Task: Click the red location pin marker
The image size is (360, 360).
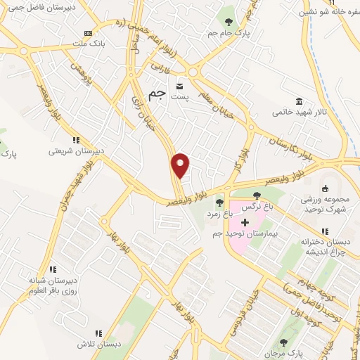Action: (181, 165)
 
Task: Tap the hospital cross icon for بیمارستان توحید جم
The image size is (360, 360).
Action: (245, 222)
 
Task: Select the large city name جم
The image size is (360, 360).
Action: (158, 94)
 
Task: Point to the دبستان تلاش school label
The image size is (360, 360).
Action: (99, 344)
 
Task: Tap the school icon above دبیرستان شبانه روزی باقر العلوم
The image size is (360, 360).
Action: (52, 269)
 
